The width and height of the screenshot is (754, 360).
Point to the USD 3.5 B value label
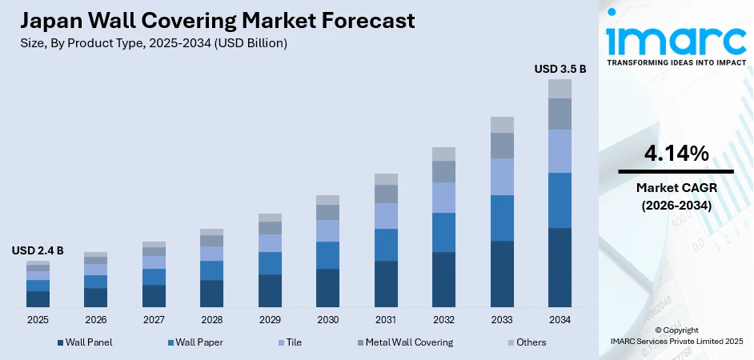pyautogui.click(x=560, y=70)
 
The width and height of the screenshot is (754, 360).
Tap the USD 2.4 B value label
pyautogui.click(x=38, y=251)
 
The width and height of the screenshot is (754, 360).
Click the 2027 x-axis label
pyautogui.click(x=154, y=319)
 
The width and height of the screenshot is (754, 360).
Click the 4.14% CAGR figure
pyautogui.click(x=676, y=154)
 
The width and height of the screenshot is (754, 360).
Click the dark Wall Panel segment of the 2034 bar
pyautogui.click(x=560, y=267)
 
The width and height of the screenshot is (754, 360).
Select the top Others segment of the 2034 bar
pyautogui.click(x=560, y=88)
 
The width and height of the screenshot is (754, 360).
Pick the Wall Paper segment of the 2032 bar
pyautogui.click(x=443, y=232)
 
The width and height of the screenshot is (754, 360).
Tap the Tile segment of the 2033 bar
pyautogui.click(x=502, y=177)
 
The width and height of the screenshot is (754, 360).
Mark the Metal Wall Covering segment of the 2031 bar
pyautogui.click(x=386, y=194)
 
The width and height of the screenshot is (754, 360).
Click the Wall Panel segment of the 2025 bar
pyautogui.click(x=38, y=299)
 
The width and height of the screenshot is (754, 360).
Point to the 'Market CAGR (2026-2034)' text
pyautogui.click(x=676, y=196)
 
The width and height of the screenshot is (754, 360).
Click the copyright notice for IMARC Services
pyautogui.click(x=676, y=335)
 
